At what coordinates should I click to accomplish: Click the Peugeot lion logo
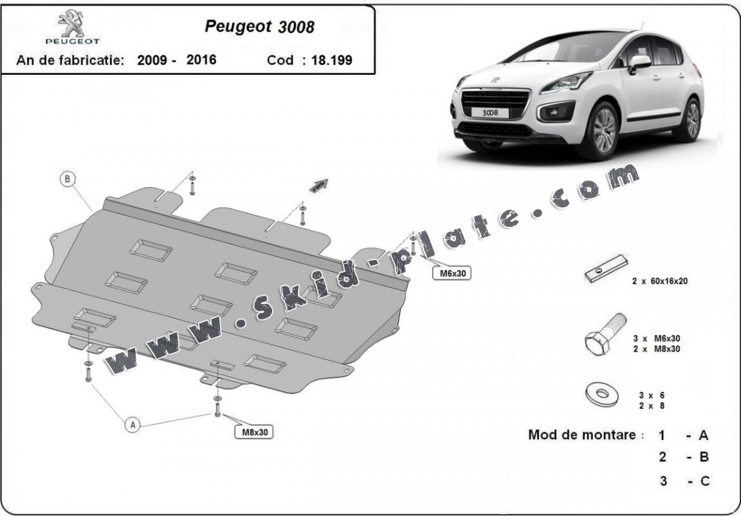tap(71, 24)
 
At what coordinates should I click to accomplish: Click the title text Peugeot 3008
tap(259, 26)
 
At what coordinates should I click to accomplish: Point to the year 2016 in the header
tap(201, 60)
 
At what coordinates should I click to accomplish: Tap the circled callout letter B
tap(68, 179)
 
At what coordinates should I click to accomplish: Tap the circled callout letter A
tap(133, 425)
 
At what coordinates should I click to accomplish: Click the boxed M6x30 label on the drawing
tap(452, 273)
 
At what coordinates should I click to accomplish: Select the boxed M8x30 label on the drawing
tap(254, 432)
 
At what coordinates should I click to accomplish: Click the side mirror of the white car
tap(639, 62)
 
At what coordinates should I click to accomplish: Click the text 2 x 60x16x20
tap(659, 282)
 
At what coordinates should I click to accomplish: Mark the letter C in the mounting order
tap(704, 481)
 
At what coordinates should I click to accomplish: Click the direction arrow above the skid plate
tap(319, 186)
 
